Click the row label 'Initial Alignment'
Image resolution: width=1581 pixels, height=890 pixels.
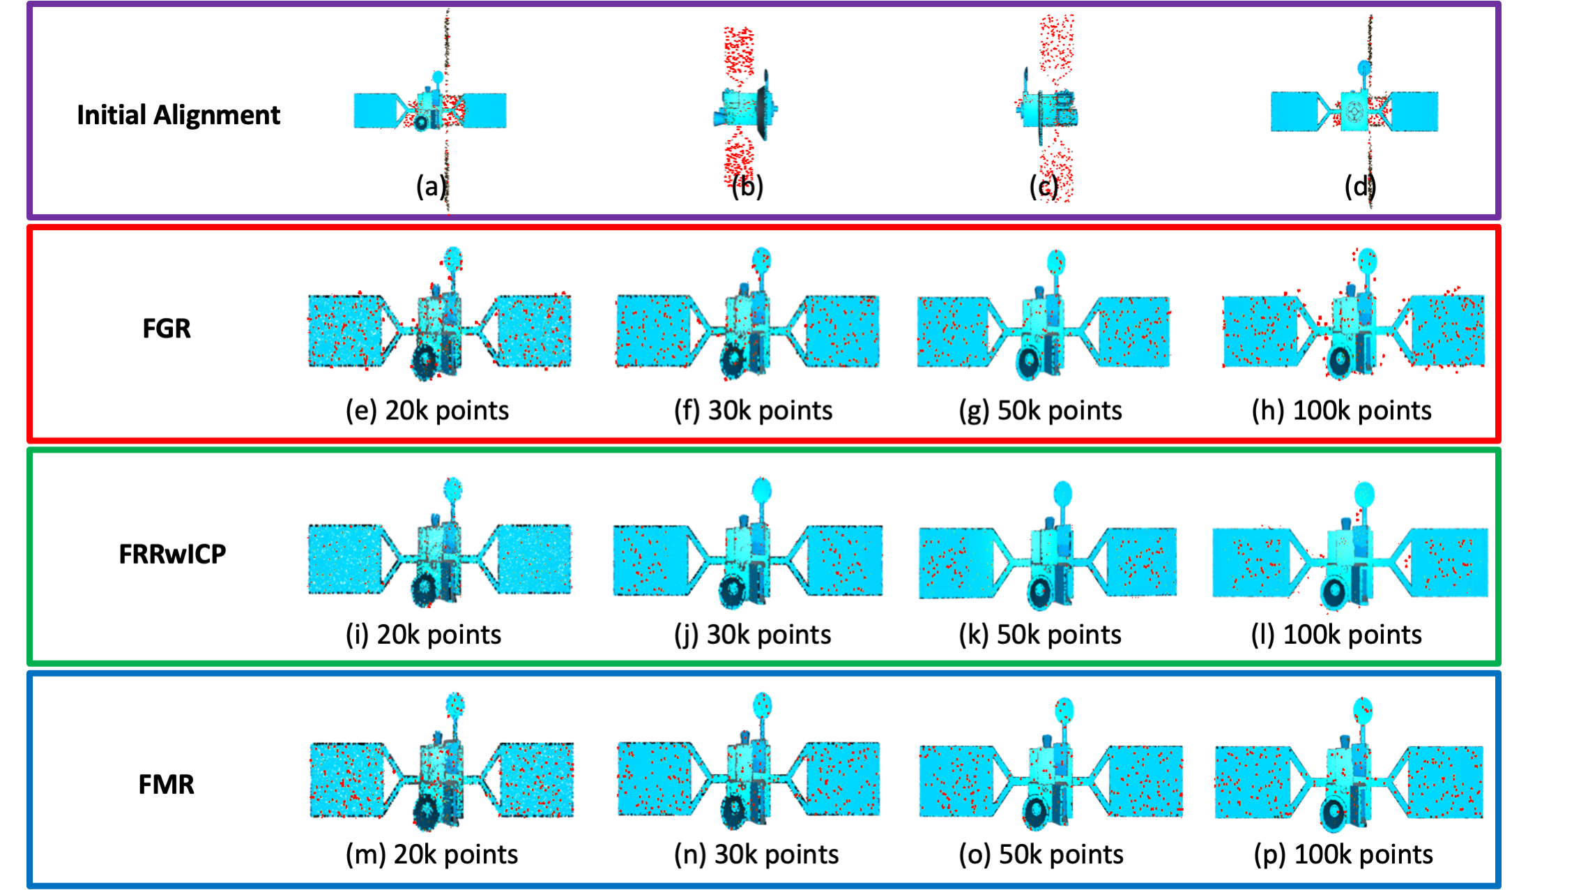click(178, 115)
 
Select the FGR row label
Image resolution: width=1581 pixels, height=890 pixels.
click(166, 329)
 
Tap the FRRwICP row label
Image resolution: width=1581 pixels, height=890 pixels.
click(172, 554)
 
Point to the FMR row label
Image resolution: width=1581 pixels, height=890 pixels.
click(166, 784)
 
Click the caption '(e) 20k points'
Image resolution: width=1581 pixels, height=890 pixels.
click(427, 411)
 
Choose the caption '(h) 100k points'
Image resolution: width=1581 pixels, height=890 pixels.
click(1341, 411)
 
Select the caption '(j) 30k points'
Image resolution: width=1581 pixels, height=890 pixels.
click(752, 635)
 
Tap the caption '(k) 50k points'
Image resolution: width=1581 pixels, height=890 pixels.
click(1040, 635)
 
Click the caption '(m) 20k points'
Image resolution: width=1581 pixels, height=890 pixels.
click(431, 854)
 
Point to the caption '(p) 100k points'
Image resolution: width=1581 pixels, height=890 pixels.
click(1343, 854)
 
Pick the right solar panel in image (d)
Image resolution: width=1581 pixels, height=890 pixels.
click(1414, 112)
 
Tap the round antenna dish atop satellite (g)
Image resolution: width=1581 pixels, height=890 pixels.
click(1056, 262)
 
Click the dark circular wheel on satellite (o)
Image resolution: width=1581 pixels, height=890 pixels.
click(1037, 810)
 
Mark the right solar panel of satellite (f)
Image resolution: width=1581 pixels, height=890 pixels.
click(842, 331)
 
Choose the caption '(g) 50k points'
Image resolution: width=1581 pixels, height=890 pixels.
click(1040, 411)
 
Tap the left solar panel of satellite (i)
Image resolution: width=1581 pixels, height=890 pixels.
click(345, 559)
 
